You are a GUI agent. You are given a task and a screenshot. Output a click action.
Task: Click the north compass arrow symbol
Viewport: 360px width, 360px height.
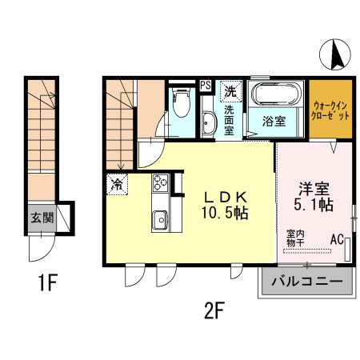click(336, 55)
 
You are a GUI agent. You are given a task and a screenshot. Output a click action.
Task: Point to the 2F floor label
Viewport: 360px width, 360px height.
click(212, 309)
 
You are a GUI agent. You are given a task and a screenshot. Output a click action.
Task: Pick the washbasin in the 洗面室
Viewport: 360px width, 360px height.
click(209, 124)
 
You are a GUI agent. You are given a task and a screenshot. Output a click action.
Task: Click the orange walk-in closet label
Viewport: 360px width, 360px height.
click(330, 110)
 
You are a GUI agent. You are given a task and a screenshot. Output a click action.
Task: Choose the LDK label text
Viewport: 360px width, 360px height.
click(218, 197)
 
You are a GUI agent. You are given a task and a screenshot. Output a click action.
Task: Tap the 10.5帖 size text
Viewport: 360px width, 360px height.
click(219, 214)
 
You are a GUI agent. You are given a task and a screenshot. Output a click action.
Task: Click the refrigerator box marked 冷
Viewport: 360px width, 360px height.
click(116, 184)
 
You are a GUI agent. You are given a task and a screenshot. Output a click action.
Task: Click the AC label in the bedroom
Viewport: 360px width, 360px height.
click(338, 238)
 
